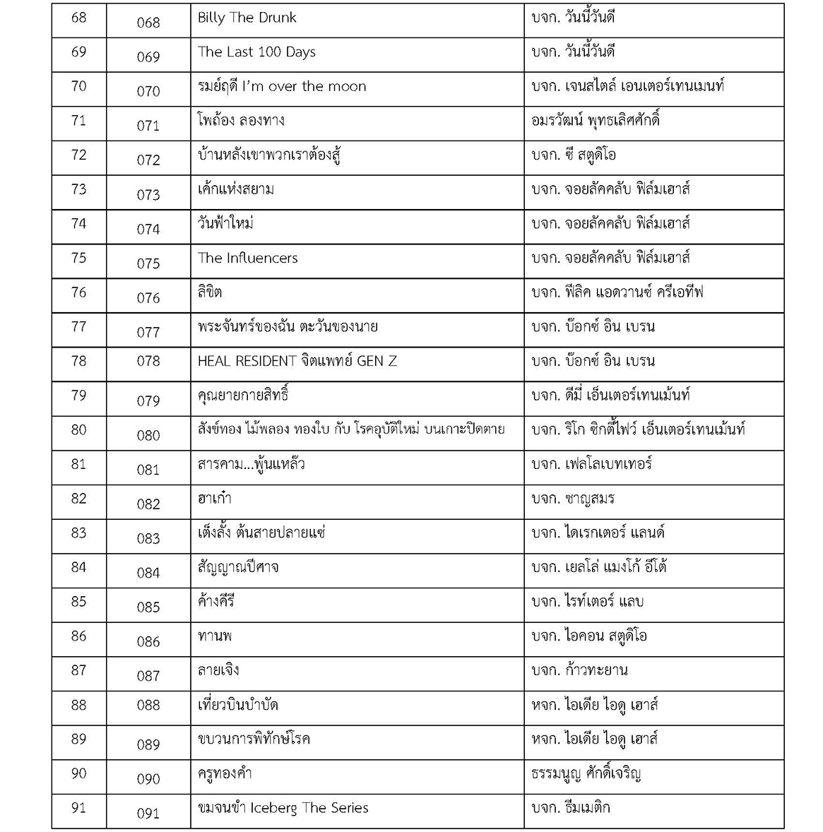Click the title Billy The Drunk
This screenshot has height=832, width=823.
pos(247,18)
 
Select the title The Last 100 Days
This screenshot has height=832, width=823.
pos(256,52)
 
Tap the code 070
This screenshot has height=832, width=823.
pos(148,91)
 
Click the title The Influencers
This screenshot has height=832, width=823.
pos(247,258)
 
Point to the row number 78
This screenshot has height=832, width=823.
pos(78,361)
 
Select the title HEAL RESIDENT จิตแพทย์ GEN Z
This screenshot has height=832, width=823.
pos(297,362)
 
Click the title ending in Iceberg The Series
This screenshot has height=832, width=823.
pos(283,808)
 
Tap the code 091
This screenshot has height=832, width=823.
pos(148,814)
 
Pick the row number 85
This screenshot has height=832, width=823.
pos(78,602)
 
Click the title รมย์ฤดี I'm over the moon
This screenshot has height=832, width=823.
pos(281,87)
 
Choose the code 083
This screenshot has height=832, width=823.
pos(148,539)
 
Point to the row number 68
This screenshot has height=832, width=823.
pos(78,17)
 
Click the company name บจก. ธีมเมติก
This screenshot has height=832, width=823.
pos(570,808)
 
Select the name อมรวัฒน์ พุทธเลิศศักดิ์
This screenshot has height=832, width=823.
pos(596,121)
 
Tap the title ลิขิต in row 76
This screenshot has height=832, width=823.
pos(210,292)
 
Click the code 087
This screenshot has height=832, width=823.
pos(148,676)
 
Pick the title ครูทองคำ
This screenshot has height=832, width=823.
pos(225,773)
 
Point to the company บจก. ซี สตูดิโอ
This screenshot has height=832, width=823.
pos(574,155)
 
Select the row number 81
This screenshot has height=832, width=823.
pos(78,464)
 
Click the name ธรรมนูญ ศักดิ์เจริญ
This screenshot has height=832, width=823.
pos(586,774)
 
